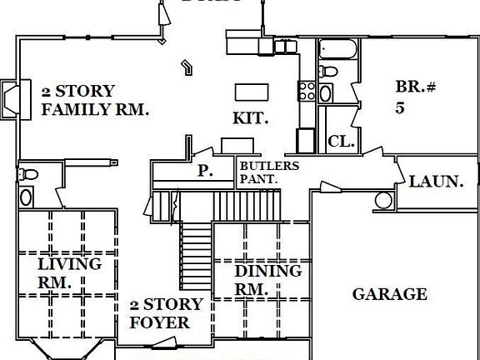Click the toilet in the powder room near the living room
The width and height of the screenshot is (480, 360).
[x=29, y=175]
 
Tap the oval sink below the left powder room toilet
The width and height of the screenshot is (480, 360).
[x=26, y=197]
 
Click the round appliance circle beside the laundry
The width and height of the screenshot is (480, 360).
[x=384, y=200]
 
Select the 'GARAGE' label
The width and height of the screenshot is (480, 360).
[x=389, y=294]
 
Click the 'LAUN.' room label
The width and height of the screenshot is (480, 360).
[x=436, y=180]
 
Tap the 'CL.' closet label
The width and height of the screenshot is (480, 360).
[x=342, y=142]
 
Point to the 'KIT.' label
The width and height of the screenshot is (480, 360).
[x=250, y=118]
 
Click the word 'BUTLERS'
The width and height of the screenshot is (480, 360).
[x=268, y=165]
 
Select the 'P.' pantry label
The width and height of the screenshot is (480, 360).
[x=204, y=171]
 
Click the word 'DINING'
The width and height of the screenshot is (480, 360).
[x=267, y=271]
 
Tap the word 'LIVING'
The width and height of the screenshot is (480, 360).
[x=70, y=264]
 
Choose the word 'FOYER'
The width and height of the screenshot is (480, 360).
[x=165, y=322]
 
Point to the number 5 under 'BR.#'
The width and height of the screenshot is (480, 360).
[x=400, y=107]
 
